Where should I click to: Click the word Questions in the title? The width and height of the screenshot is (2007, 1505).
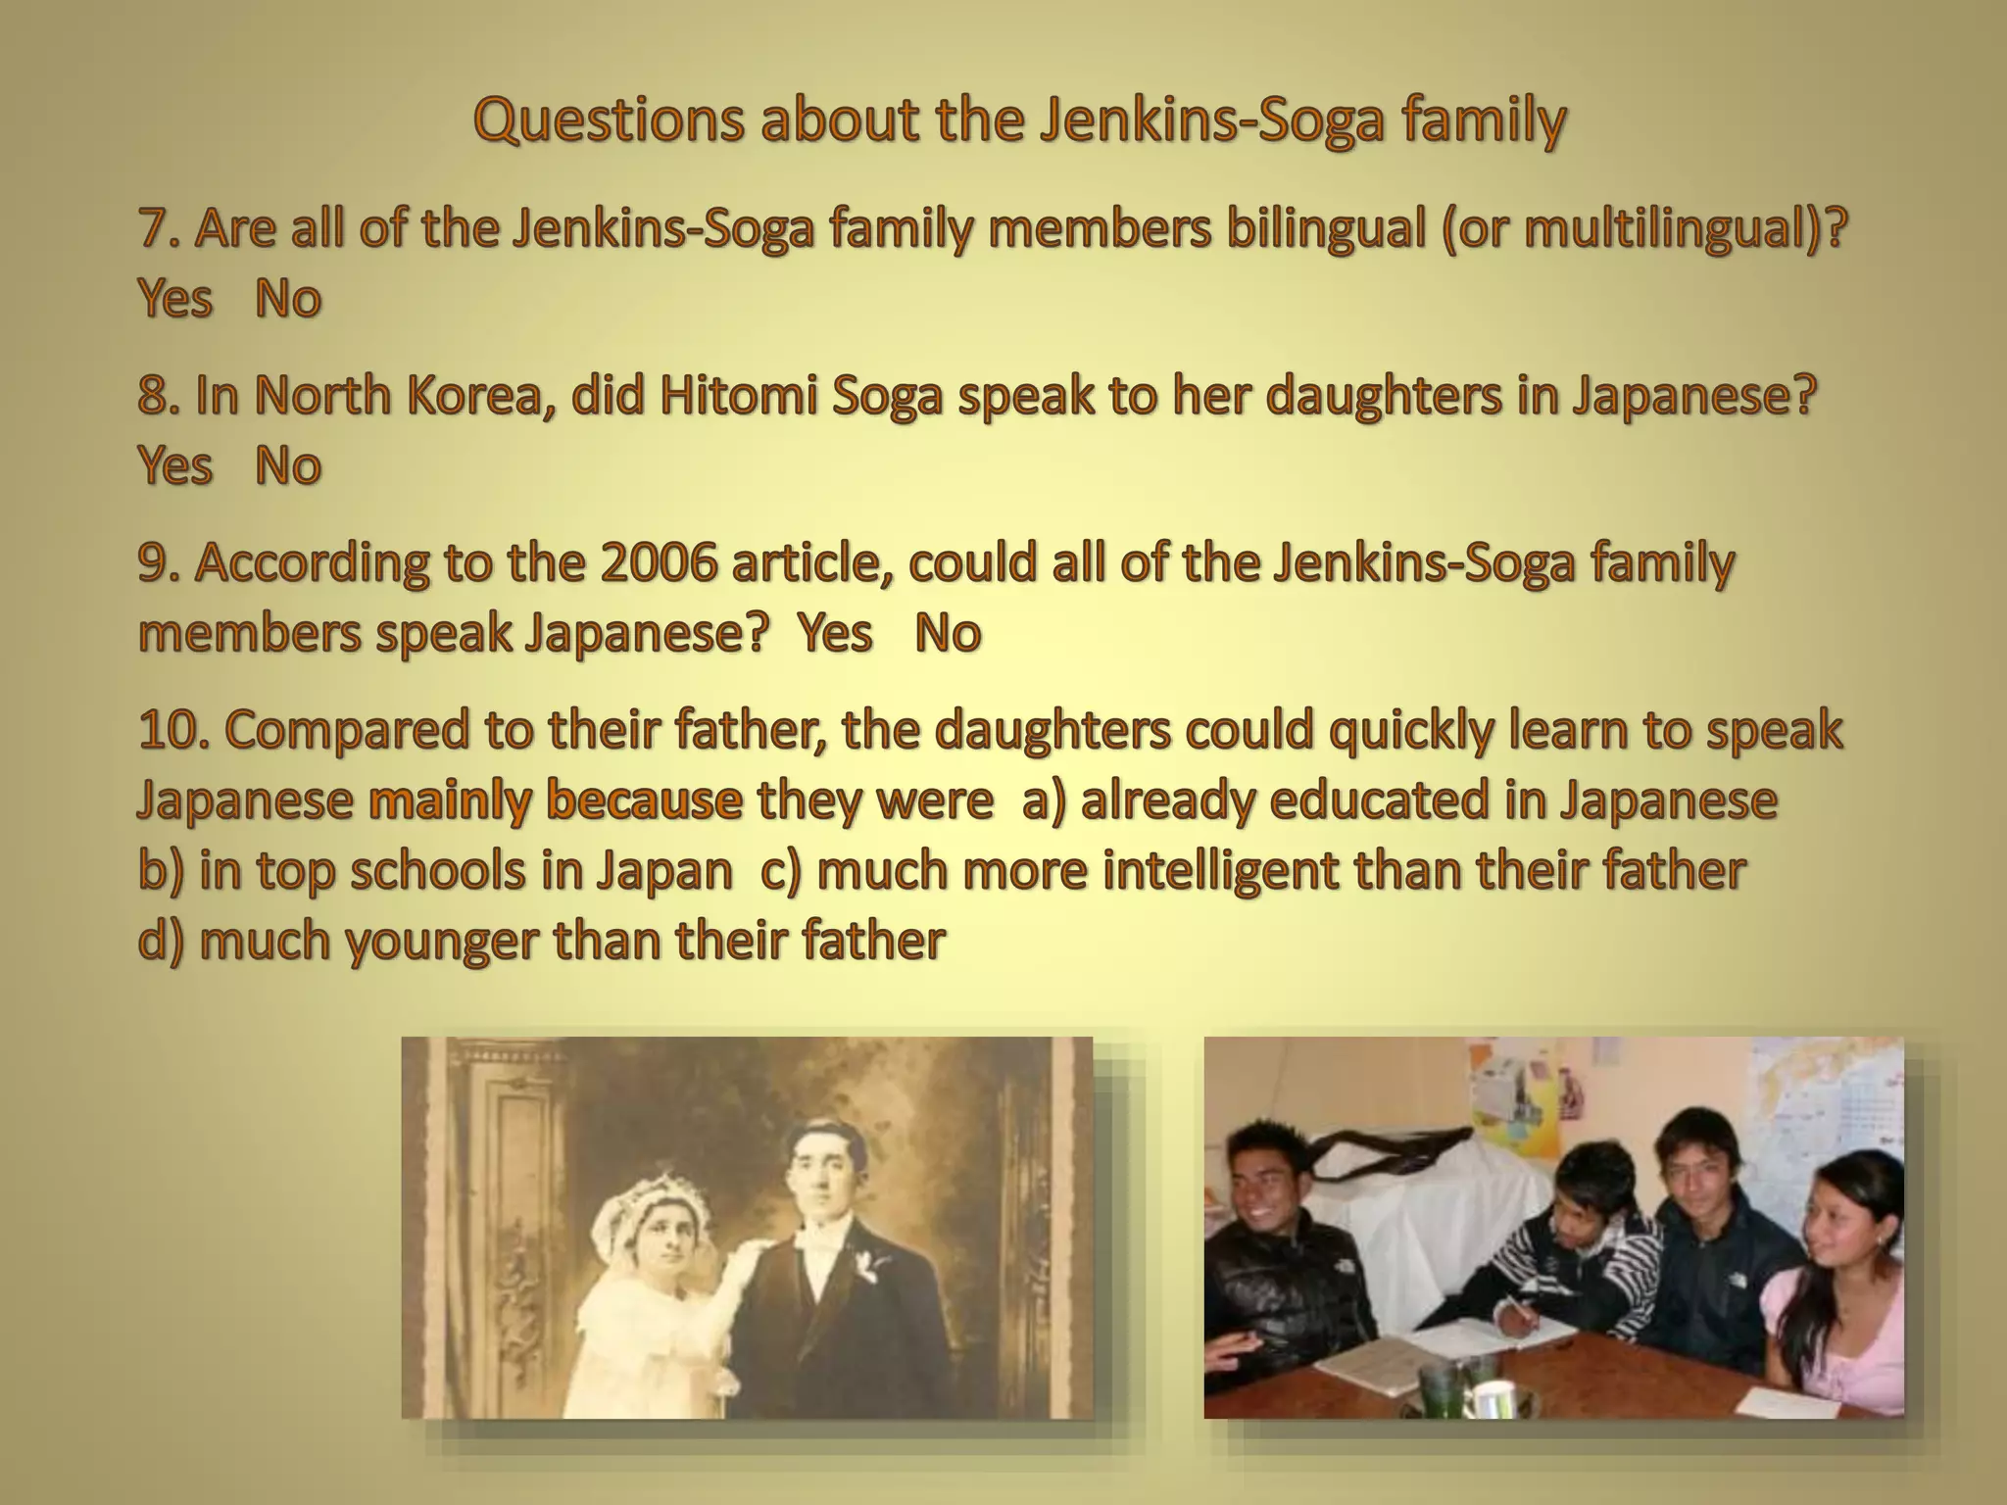600,121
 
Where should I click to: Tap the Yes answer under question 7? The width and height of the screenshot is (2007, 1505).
175,298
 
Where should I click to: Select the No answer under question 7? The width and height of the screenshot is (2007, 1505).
287,298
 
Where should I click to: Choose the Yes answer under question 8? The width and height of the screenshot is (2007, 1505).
175,464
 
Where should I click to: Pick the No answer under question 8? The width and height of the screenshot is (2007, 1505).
287,464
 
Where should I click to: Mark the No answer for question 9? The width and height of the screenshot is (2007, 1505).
947,633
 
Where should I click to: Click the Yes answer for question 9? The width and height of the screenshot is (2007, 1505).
834,633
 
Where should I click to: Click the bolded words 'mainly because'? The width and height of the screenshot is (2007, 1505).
556,801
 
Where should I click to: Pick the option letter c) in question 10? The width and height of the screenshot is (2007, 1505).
781,870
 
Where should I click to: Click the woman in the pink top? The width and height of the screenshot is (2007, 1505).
1833,1293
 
